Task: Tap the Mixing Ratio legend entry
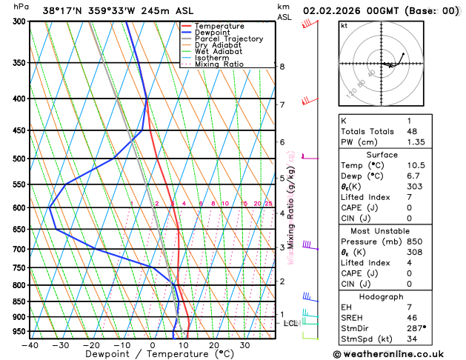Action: [219, 64]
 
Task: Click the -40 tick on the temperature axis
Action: [30, 344]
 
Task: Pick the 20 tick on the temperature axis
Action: [214, 344]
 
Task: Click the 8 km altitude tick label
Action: [282, 67]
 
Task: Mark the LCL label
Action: [290, 323]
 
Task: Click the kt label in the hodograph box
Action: [344, 26]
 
